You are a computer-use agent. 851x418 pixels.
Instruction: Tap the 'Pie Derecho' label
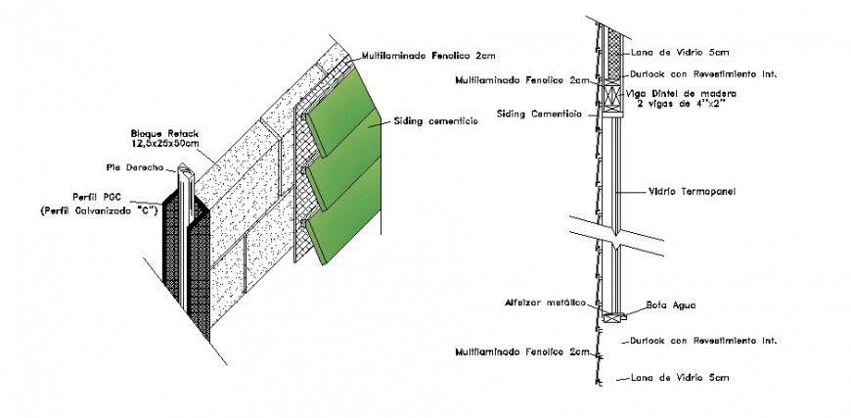(136, 166)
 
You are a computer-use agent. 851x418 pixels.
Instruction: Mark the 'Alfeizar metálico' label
(540, 302)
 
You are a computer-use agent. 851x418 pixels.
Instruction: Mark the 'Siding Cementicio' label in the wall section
(540, 114)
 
